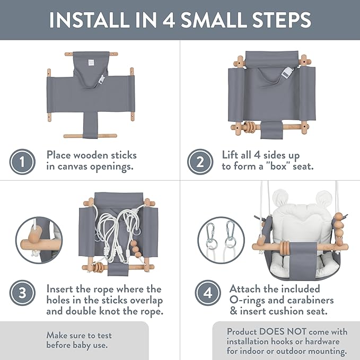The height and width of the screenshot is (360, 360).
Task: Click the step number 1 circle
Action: (22, 162)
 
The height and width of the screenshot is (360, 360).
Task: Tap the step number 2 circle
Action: (200, 162)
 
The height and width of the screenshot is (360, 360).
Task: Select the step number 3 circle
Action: (22, 293)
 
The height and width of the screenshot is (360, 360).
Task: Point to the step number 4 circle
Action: (208, 293)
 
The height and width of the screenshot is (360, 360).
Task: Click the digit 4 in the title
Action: (169, 20)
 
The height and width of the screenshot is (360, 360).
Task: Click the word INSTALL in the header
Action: (88, 20)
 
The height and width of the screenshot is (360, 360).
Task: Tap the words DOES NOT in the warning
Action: (283, 332)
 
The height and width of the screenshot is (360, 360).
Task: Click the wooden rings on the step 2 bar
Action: (249, 127)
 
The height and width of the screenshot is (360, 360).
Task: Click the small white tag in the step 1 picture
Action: (91, 63)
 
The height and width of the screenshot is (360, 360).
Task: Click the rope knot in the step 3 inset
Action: (35, 254)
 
